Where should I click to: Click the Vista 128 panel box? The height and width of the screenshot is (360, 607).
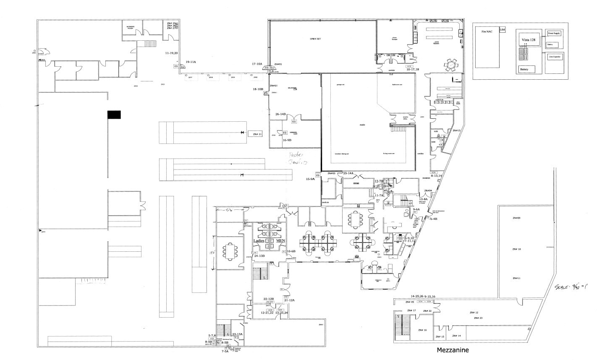coord(529,40)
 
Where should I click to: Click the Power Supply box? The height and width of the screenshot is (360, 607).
coord(554,33)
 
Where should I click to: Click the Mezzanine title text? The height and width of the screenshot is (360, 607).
coord(453,350)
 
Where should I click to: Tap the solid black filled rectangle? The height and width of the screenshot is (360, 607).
coord(114,115)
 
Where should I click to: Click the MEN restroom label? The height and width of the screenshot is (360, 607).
coord(280,241)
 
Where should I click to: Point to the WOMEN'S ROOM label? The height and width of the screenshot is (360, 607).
coord(130,27)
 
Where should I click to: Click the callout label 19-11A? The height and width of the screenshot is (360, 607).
coord(191,62)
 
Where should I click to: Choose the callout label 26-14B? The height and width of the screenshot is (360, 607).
coord(280,114)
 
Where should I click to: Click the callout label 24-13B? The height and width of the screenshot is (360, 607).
coord(259,256)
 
